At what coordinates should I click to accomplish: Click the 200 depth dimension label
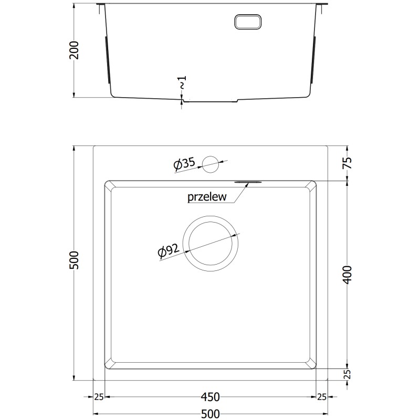[x=74, y=50]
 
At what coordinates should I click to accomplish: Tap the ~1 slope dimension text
[x=182, y=82]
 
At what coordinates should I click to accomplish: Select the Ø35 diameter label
[x=184, y=164]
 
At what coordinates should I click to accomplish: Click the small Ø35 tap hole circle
[x=211, y=164]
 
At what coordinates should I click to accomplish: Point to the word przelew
[x=207, y=197]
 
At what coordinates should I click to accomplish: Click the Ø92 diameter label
[x=169, y=251]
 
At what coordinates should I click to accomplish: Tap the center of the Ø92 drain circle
[x=211, y=244]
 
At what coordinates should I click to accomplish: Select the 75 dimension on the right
[x=347, y=163]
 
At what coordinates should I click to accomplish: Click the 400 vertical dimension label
[x=347, y=275]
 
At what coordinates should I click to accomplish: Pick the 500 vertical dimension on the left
[x=74, y=260]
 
